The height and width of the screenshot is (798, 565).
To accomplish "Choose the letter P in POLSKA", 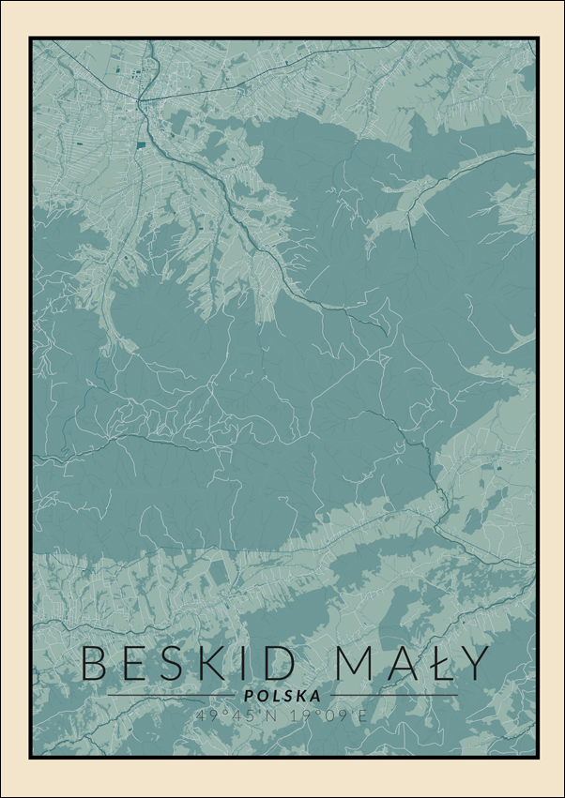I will (248, 696).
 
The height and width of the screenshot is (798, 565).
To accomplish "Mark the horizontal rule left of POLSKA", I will (169, 696).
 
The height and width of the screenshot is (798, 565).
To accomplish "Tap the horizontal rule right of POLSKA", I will (394, 696).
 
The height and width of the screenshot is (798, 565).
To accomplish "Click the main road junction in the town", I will (141, 100).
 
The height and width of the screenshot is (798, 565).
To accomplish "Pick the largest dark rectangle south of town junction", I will (141, 144).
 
